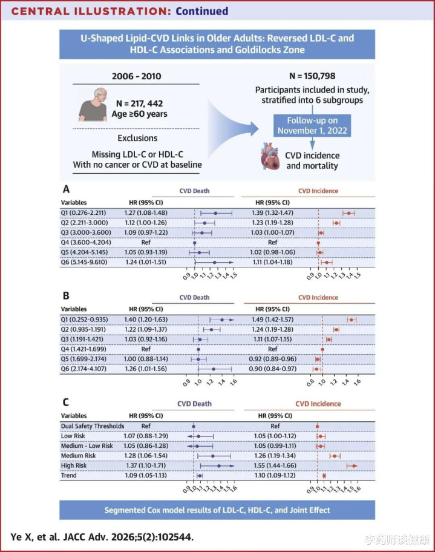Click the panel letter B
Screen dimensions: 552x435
(66, 297)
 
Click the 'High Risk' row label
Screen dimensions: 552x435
(74, 465)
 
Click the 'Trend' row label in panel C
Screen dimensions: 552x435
(69, 476)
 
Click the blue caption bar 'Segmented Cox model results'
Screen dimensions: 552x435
(217, 510)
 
